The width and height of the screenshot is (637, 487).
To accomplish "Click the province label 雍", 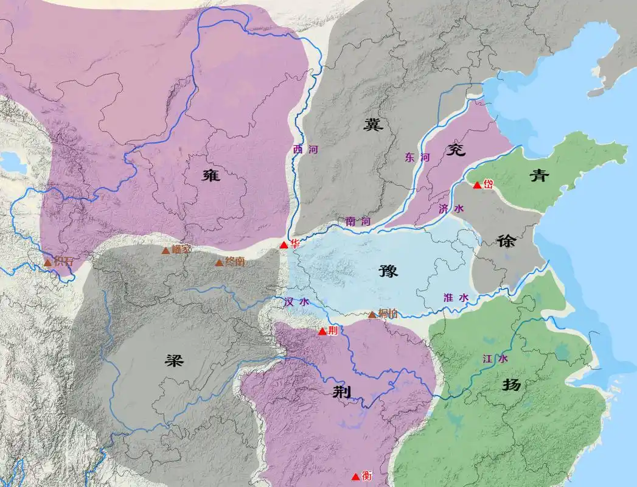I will coord(211,175).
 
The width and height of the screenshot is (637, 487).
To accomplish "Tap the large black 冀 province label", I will coord(372,125).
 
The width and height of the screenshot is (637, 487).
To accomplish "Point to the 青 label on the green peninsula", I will coord(538,175).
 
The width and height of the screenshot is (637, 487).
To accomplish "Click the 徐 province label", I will coord(506,240).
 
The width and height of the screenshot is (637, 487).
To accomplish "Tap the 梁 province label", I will coord(174,359).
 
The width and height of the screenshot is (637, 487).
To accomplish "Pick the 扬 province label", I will coord(511,385).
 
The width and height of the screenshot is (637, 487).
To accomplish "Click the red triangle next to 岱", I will coord(477,184).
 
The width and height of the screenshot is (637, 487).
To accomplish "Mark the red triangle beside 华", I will coord(284,245).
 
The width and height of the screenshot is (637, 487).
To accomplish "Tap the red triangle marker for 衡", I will coord(355,477).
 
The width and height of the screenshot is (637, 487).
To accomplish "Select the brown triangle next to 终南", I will coord(219,262).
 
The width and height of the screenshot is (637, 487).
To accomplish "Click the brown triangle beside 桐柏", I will coord(372,315).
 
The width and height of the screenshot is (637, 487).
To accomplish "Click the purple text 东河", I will coord(417,157).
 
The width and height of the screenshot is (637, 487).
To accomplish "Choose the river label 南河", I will coord(357,222).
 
